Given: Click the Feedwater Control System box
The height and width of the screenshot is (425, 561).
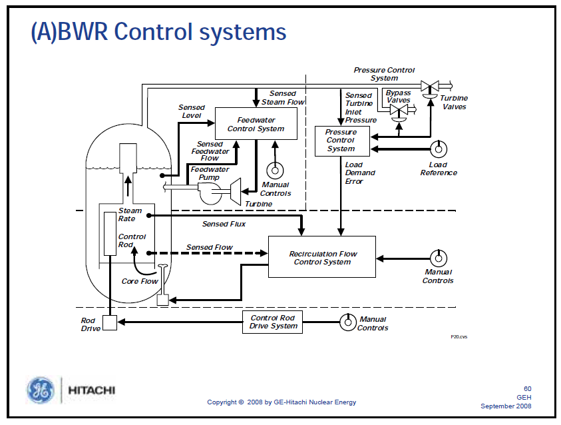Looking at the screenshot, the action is tap(256, 125).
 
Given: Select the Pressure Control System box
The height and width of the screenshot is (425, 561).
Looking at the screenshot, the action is tap(341, 141).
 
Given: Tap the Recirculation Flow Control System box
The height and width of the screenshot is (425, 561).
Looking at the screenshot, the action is tap(321, 257).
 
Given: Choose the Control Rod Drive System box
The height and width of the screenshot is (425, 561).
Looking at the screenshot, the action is tap(273, 322).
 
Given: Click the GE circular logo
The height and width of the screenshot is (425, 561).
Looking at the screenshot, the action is tap(41, 390).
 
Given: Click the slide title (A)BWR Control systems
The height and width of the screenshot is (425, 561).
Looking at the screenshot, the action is tap(158, 31).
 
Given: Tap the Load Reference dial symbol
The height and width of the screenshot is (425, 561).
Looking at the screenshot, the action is tap(438, 148).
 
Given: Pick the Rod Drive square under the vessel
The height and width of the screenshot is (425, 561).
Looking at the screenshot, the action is tap(109, 322).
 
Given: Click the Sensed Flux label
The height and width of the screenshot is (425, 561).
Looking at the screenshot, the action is tap(224, 224).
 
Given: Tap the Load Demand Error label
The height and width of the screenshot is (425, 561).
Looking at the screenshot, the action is tap(359, 173).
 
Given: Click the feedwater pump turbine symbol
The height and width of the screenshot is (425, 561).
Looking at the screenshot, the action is tap(234, 191).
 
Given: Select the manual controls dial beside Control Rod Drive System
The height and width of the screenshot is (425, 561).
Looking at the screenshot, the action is tap(347, 322).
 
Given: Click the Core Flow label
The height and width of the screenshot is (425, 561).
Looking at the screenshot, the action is tap(140, 281).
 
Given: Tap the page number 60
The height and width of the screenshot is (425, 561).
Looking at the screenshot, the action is tap(527, 389).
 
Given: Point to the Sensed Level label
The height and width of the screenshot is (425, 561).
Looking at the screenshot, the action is tap(192, 111).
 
